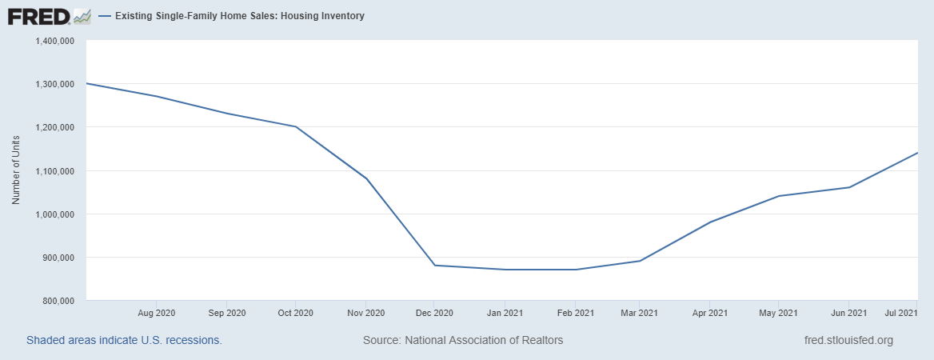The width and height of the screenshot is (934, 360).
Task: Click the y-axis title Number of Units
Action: point(16,170)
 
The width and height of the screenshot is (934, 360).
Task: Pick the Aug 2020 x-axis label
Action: point(157,312)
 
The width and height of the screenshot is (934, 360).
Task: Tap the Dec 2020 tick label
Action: point(434,312)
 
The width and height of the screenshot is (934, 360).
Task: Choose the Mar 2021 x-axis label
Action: point(640,312)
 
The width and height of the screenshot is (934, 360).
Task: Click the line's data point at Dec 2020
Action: point(434,265)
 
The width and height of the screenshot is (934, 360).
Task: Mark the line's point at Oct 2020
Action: point(296,126)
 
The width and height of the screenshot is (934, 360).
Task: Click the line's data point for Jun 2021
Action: point(848,187)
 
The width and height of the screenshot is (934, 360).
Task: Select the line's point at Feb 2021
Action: point(576,270)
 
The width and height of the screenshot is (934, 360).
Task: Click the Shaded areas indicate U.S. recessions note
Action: point(124,340)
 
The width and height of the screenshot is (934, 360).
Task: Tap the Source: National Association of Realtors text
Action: point(463,340)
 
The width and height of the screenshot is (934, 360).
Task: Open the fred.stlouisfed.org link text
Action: point(848,340)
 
